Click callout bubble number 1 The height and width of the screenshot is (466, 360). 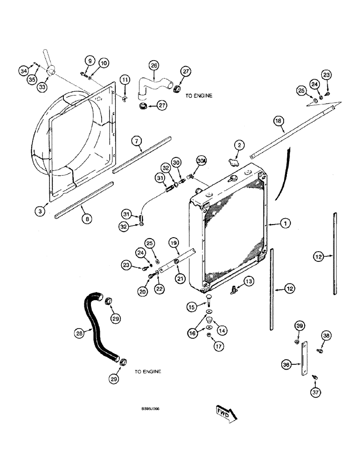[285, 224]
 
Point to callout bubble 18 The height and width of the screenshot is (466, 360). [278, 122]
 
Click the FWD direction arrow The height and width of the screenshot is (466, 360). [227, 412]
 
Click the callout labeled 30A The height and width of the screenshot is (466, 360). [201, 161]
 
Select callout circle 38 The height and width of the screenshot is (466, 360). [326, 335]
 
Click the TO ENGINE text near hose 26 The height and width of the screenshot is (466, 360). [199, 96]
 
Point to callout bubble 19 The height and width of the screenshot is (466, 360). [173, 243]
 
